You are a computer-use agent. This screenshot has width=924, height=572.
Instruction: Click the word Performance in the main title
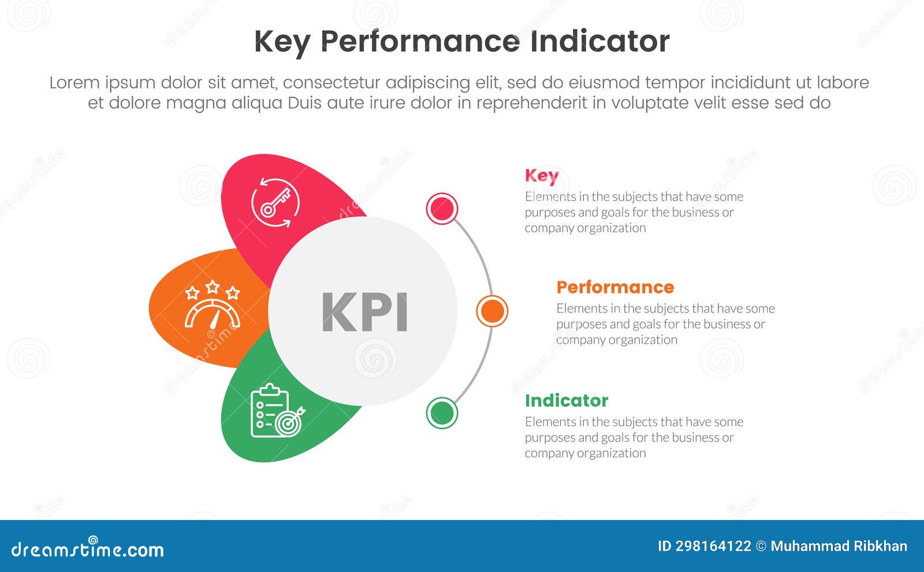[x=419, y=42]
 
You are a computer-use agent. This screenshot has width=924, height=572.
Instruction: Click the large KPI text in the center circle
[x=364, y=312]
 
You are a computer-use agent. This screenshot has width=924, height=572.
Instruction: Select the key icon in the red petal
[x=275, y=202]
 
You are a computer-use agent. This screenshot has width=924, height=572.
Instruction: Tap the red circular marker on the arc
[x=442, y=209]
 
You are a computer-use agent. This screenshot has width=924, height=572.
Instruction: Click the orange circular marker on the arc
[x=492, y=311]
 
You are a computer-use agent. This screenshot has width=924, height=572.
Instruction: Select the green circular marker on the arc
[x=442, y=413]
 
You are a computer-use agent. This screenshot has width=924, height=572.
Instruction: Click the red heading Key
[x=542, y=176]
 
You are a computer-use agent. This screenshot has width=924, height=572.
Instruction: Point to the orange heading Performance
[x=615, y=287]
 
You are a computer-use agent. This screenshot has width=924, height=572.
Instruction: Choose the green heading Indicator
[x=566, y=400]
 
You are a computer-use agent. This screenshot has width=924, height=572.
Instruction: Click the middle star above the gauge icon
[x=213, y=287]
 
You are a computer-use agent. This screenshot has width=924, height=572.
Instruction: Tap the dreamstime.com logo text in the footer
[x=88, y=549]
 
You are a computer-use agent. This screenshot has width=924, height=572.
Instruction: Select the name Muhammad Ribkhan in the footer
[x=839, y=546]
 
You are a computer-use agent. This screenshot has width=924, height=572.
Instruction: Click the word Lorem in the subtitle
[x=74, y=83]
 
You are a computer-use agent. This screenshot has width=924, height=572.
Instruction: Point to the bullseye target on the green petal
[x=289, y=422]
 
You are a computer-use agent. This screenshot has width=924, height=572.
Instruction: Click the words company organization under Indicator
[x=585, y=453]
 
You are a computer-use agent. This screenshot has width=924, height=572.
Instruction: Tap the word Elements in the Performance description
[x=582, y=309]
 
